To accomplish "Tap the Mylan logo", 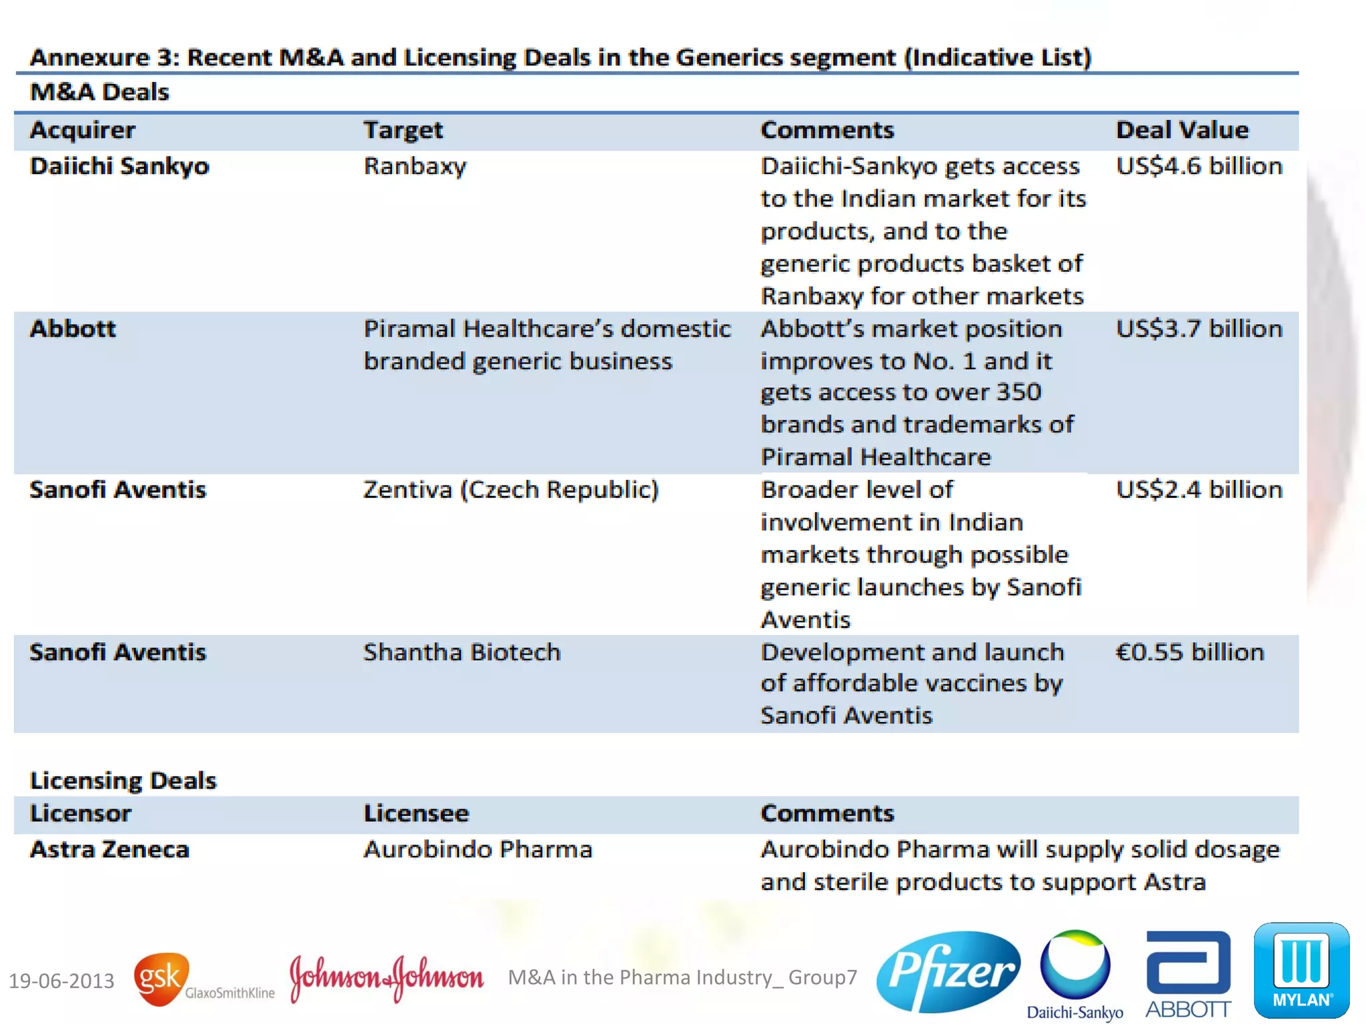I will click(1301, 970).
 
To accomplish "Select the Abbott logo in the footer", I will click(1188, 973).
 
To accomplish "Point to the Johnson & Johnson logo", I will click(386, 978).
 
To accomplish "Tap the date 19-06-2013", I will click(61, 981).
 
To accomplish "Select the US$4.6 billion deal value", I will click(1199, 166).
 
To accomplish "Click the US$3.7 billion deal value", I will click(1199, 329).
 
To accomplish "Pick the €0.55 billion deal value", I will click(1189, 652).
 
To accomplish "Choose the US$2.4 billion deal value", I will click(1199, 490).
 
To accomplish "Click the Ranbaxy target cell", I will click(414, 166).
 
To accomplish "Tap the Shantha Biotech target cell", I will click(462, 652).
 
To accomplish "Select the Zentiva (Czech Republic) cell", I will click(510, 490).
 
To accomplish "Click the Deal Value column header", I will click(1182, 130).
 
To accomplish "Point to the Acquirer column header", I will click(83, 130).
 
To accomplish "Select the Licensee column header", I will click(416, 813).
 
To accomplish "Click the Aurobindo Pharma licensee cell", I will click(478, 849).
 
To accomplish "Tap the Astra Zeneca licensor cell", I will click(109, 849).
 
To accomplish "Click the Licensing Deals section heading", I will click(123, 780).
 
